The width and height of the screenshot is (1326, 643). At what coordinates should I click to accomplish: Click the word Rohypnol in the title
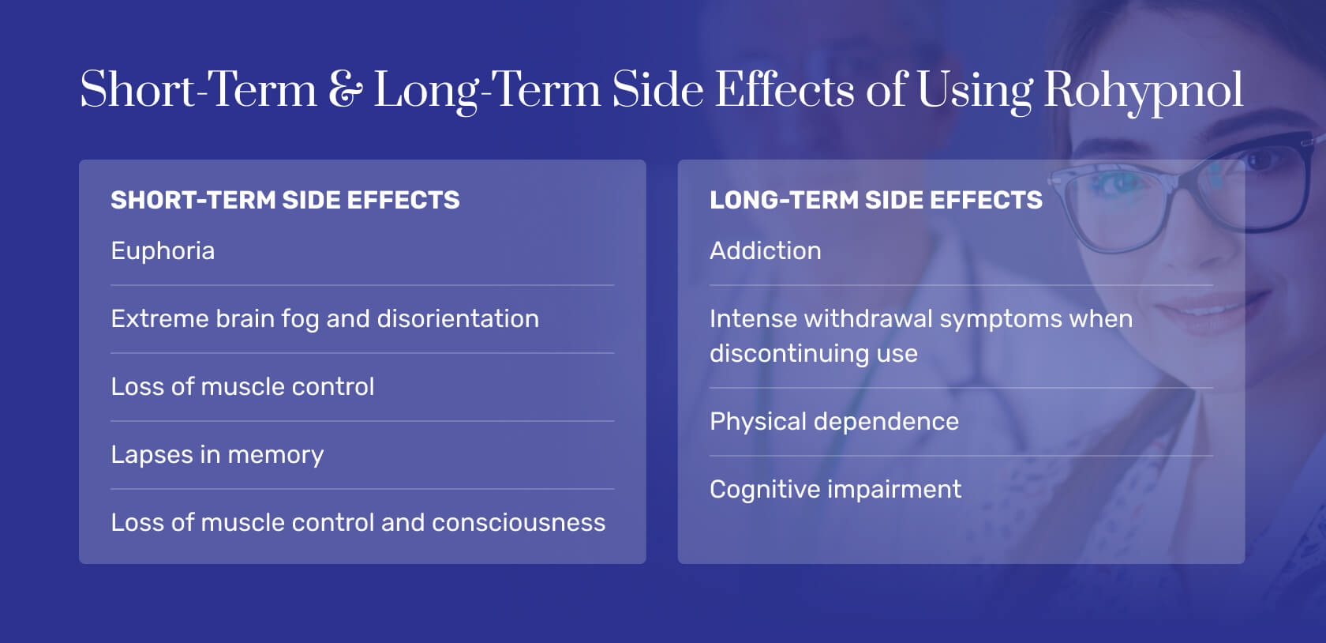pyautogui.click(x=1143, y=90)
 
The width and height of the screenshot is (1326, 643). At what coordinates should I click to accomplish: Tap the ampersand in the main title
pyautogui.click(x=345, y=90)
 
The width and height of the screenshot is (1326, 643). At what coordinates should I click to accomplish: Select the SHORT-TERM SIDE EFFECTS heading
pyautogui.click(x=285, y=201)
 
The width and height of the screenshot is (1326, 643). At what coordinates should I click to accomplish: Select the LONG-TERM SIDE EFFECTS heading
pyautogui.click(x=875, y=201)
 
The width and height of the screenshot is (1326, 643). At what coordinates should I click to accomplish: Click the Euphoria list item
pyautogui.click(x=163, y=251)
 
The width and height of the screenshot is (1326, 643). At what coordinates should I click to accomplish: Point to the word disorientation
pyautogui.click(x=458, y=319)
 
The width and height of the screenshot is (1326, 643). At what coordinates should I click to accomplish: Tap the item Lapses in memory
pyautogui.click(x=217, y=455)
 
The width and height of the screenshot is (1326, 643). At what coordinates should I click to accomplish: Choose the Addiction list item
pyautogui.click(x=765, y=251)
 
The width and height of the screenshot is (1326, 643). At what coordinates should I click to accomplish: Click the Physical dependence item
pyautogui.click(x=833, y=422)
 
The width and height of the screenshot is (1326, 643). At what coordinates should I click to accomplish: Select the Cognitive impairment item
pyautogui.click(x=835, y=490)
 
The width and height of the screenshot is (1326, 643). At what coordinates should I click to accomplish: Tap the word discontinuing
pyautogui.click(x=789, y=354)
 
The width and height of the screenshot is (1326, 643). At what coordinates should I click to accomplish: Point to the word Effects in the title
pyautogui.click(x=785, y=90)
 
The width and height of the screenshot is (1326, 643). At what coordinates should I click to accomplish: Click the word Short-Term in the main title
pyautogui.click(x=198, y=90)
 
